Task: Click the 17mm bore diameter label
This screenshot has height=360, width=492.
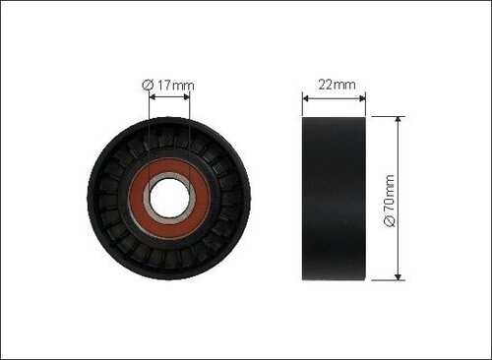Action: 168,86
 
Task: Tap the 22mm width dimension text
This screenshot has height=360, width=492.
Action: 337,85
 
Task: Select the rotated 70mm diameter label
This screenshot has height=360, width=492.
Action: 390,201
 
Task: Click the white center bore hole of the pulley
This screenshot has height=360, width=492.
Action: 169,199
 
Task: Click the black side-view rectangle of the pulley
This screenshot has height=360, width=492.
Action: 334,199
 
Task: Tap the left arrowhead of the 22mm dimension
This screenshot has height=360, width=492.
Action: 305,98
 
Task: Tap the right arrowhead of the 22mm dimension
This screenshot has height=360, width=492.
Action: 362,98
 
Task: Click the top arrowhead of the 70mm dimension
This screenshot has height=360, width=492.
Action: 398,120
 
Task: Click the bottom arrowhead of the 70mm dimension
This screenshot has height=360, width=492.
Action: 398,276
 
